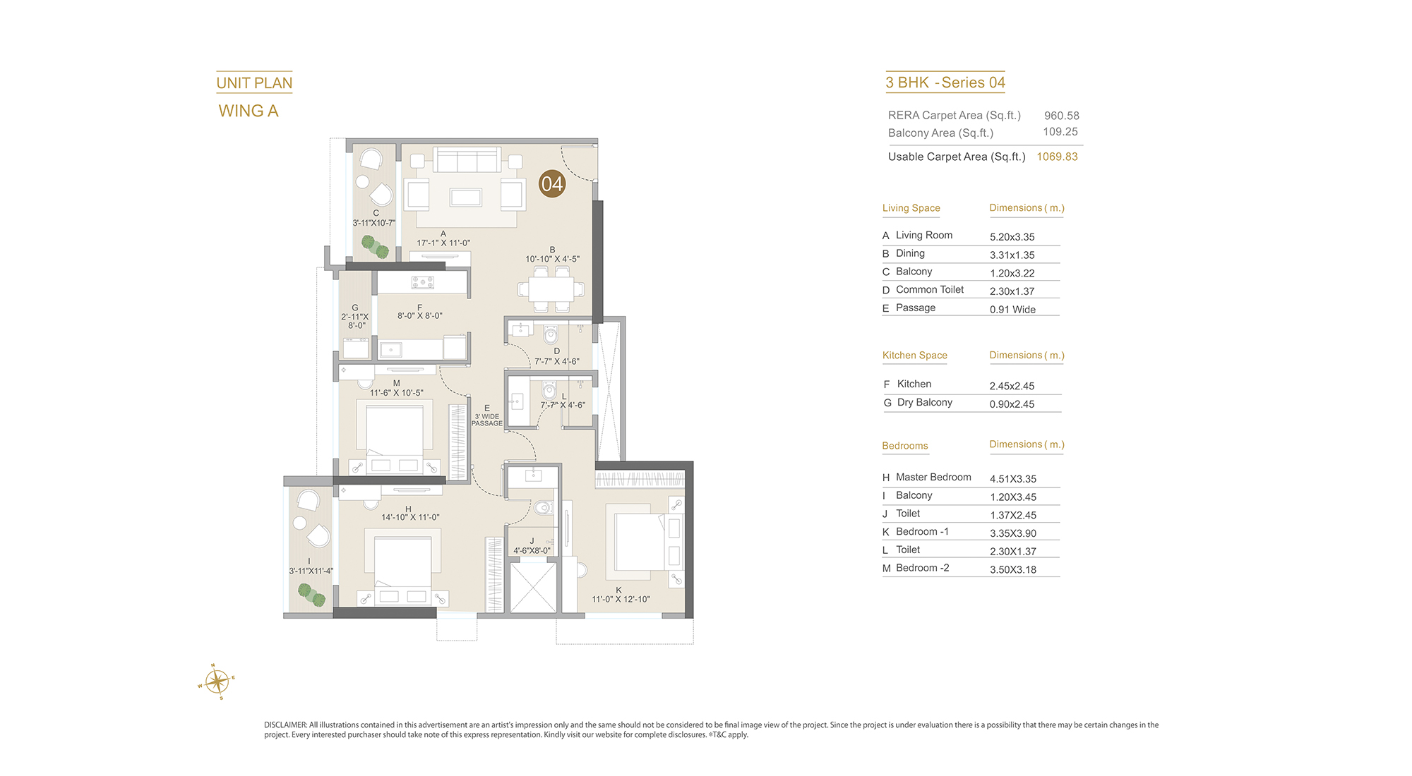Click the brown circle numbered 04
pyautogui.click(x=552, y=184)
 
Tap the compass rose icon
pyautogui.click(x=217, y=681)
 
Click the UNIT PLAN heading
pyautogui.click(x=254, y=83)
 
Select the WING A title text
pyautogui.click(x=249, y=111)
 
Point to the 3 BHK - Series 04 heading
pyautogui.click(x=945, y=83)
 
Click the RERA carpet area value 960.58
pyautogui.click(x=1062, y=116)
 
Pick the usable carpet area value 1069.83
pyautogui.click(x=1057, y=157)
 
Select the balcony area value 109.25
pyautogui.click(x=1060, y=132)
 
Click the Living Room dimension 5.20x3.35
pyautogui.click(x=1012, y=237)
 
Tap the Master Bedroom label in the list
pyautogui.click(x=933, y=478)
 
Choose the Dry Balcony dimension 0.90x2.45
pyautogui.click(x=1012, y=404)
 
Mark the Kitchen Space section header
pyautogui.click(x=915, y=356)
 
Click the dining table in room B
pyautogui.click(x=551, y=289)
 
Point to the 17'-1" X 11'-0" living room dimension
pyautogui.click(x=443, y=243)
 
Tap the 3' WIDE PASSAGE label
pyautogui.click(x=487, y=420)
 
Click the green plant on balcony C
pyautogui.click(x=375, y=247)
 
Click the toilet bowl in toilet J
pyautogui.click(x=542, y=508)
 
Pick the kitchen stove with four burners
pyautogui.click(x=423, y=283)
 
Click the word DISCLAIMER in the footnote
pyautogui.click(x=285, y=725)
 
